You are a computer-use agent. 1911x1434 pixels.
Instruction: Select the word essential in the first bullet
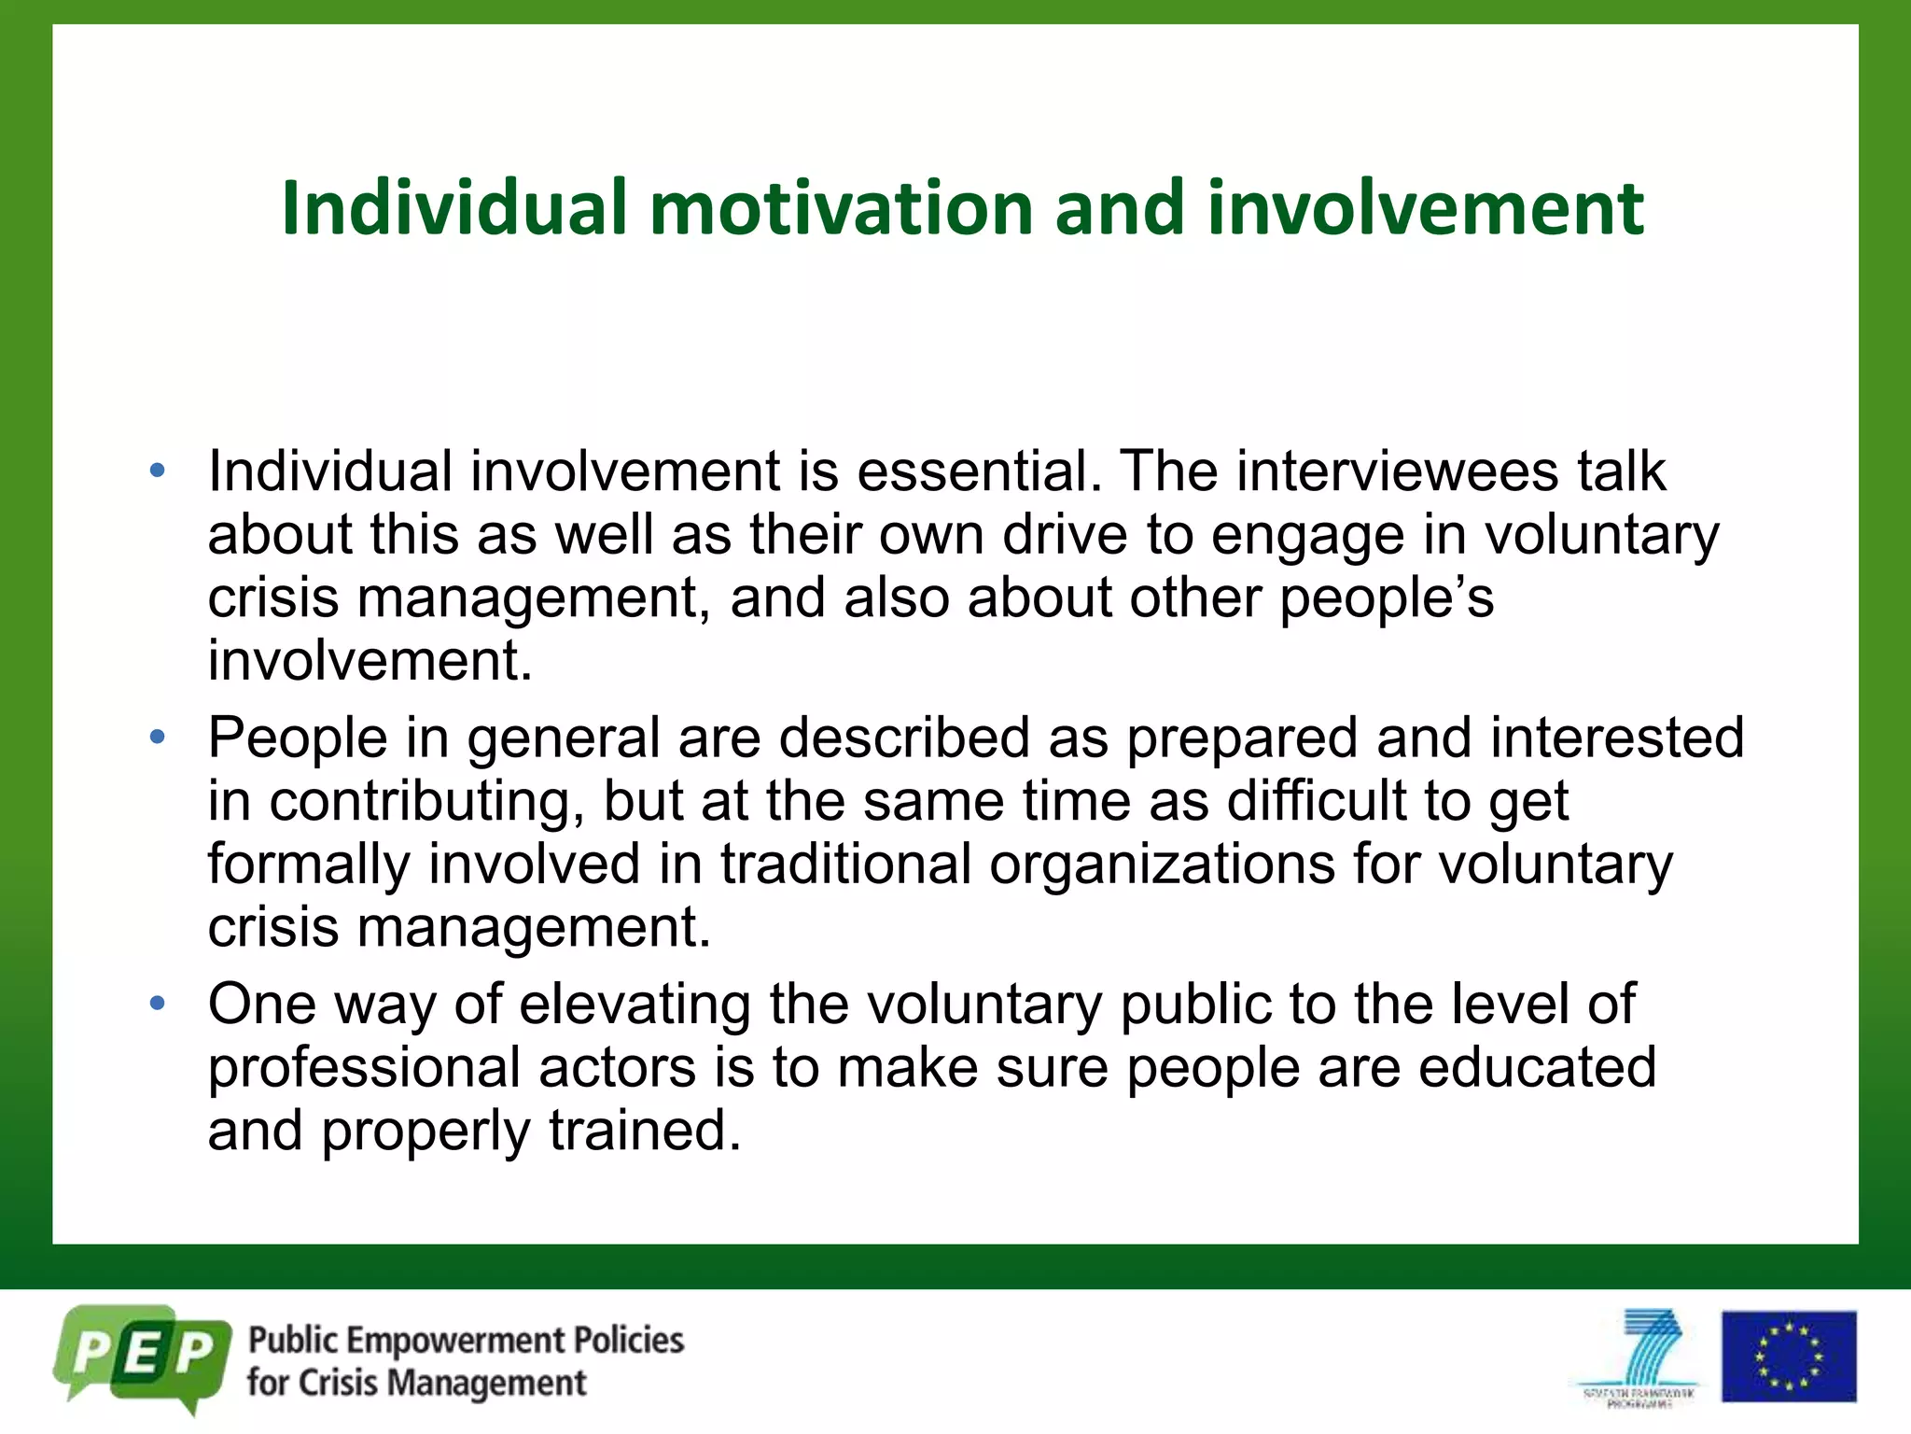(971, 471)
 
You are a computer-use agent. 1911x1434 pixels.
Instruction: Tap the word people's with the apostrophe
(1386, 597)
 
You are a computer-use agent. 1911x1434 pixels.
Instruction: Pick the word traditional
(845, 864)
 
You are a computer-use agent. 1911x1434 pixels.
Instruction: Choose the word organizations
(1162, 864)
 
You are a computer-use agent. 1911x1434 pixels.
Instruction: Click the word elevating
(635, 1005)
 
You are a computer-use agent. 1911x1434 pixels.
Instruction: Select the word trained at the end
(644, 1131)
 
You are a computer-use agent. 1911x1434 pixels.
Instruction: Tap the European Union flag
(1788, 1357)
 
